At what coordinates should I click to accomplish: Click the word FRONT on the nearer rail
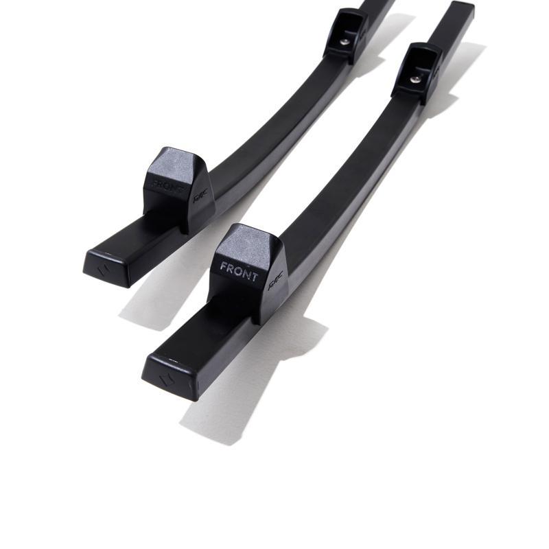tap(239, 272)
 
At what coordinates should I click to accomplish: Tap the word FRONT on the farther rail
tap(167, 186)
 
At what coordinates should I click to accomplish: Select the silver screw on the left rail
tap(344, 42)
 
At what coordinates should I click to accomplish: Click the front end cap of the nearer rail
tap(168, 374)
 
